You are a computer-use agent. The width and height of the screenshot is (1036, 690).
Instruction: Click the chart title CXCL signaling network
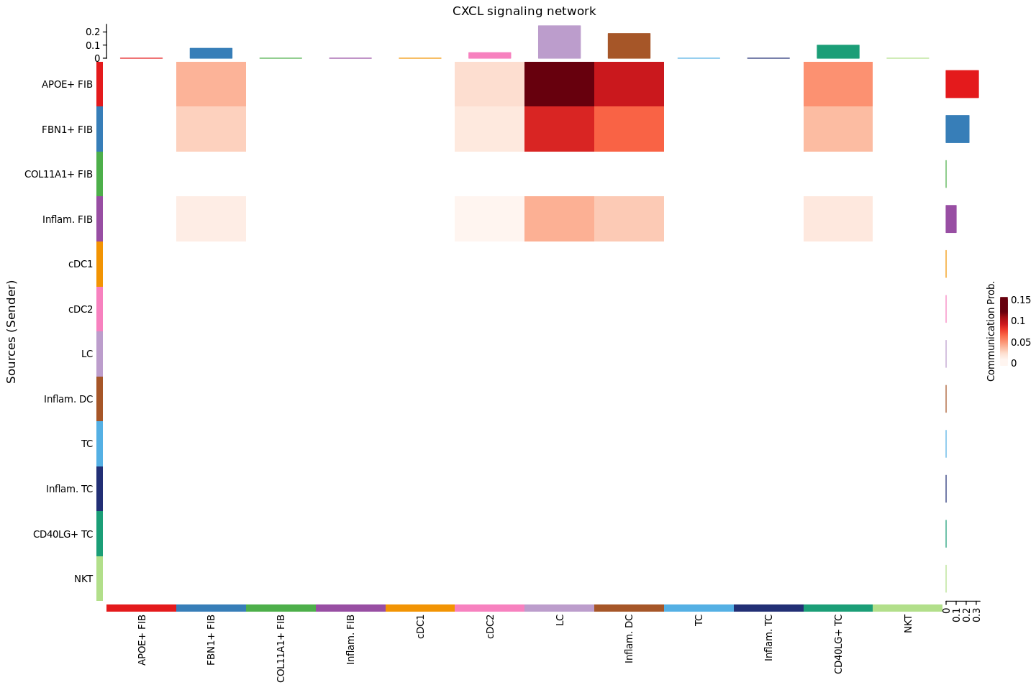(524, 11)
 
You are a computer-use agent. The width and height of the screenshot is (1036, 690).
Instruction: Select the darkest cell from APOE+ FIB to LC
(559, 84)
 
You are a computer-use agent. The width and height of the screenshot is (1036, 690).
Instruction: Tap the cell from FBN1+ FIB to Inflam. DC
(629, 129)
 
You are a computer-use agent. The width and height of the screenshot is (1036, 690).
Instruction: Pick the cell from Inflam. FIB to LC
(559, 218)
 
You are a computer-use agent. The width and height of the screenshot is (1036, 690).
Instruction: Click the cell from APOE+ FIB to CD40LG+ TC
(838, 84)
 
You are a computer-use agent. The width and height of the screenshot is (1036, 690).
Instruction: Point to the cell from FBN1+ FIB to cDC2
(489, 129)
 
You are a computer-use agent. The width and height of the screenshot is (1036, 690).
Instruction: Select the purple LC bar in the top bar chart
(559, 42)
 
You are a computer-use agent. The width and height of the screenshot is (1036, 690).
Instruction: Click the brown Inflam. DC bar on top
(629, 46)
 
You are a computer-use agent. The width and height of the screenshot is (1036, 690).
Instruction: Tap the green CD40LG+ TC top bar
(838, 52)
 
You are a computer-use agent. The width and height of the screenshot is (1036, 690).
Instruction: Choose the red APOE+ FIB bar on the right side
(962, 84)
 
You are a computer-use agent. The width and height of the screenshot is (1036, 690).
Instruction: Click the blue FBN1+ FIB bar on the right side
(957, 129)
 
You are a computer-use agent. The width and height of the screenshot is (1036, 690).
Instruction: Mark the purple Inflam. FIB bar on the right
(951, 218)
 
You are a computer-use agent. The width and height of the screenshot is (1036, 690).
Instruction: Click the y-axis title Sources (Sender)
(12, 331)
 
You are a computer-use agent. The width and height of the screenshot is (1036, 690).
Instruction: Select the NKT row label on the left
(83, 579)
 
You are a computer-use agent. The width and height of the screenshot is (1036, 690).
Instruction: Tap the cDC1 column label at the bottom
(420, 630)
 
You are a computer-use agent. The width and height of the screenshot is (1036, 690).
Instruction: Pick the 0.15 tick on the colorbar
(1020, 300)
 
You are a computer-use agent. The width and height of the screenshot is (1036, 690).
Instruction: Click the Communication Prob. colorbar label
(991, 331)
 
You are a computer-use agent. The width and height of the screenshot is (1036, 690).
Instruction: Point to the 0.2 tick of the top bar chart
(93, 32)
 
